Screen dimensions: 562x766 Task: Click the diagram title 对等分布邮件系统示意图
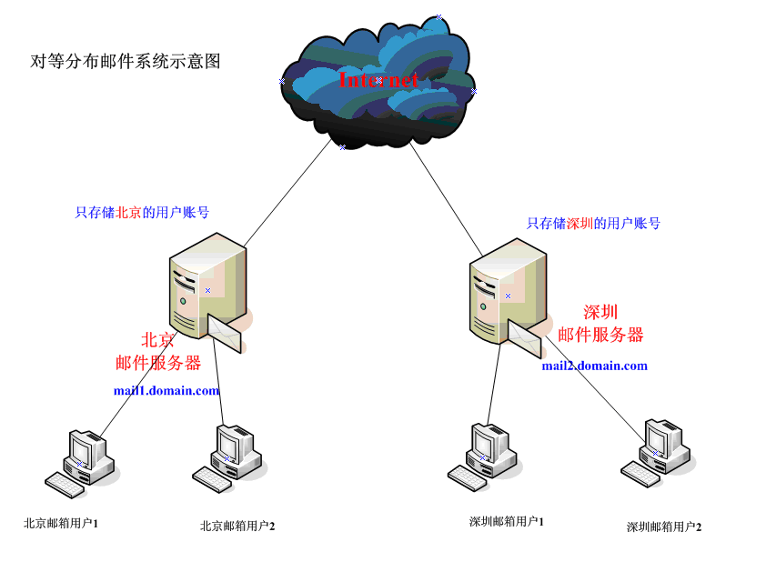pos(126,62)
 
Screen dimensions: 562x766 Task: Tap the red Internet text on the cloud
pos(378,80)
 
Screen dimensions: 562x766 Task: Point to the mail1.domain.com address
pos(166,390)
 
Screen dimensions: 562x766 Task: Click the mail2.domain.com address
pos(594,366)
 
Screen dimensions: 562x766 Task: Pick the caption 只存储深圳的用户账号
pos(593,223)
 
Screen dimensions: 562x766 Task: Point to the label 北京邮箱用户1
pos(61,523)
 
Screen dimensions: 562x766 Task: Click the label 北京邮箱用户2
pos(237,526)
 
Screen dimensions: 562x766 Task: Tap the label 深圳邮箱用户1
pos(507,521)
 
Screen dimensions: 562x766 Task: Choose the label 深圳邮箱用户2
pos(664,527)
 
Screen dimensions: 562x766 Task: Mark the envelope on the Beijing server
pos(226,332)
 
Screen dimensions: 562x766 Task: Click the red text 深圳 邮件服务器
pos(600,324)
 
